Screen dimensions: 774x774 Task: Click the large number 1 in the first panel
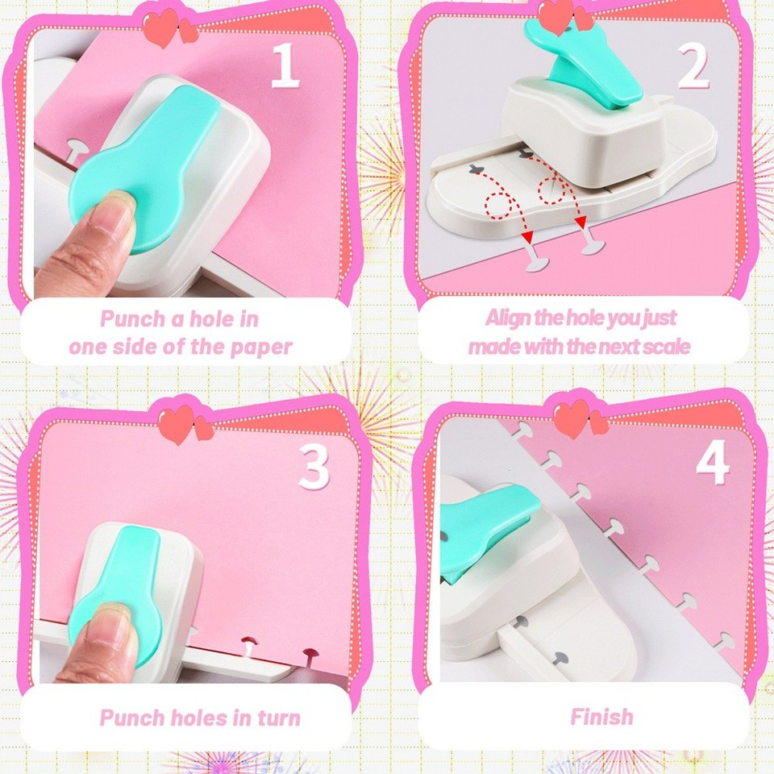coord(285,67)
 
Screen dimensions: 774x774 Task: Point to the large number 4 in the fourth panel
coord(713,463)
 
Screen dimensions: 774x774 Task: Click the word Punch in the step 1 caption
coord(132,318)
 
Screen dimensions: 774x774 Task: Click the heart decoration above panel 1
coord(169,29)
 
